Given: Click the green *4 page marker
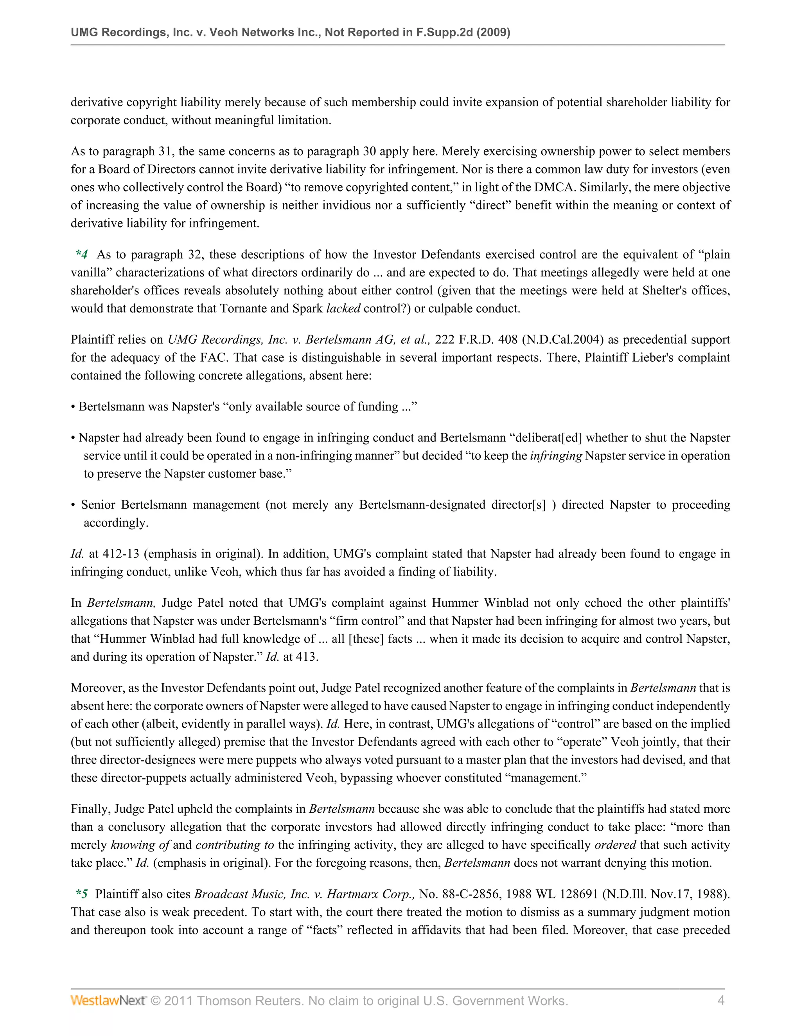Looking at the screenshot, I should (82, 255).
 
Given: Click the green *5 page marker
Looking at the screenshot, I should (82, 894).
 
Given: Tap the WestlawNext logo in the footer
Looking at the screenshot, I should (108, 1000).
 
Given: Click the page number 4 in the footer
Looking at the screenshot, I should (721, 1000).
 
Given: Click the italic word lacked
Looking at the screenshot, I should (343, 309).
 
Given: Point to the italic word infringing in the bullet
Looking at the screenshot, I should (556, 456).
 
